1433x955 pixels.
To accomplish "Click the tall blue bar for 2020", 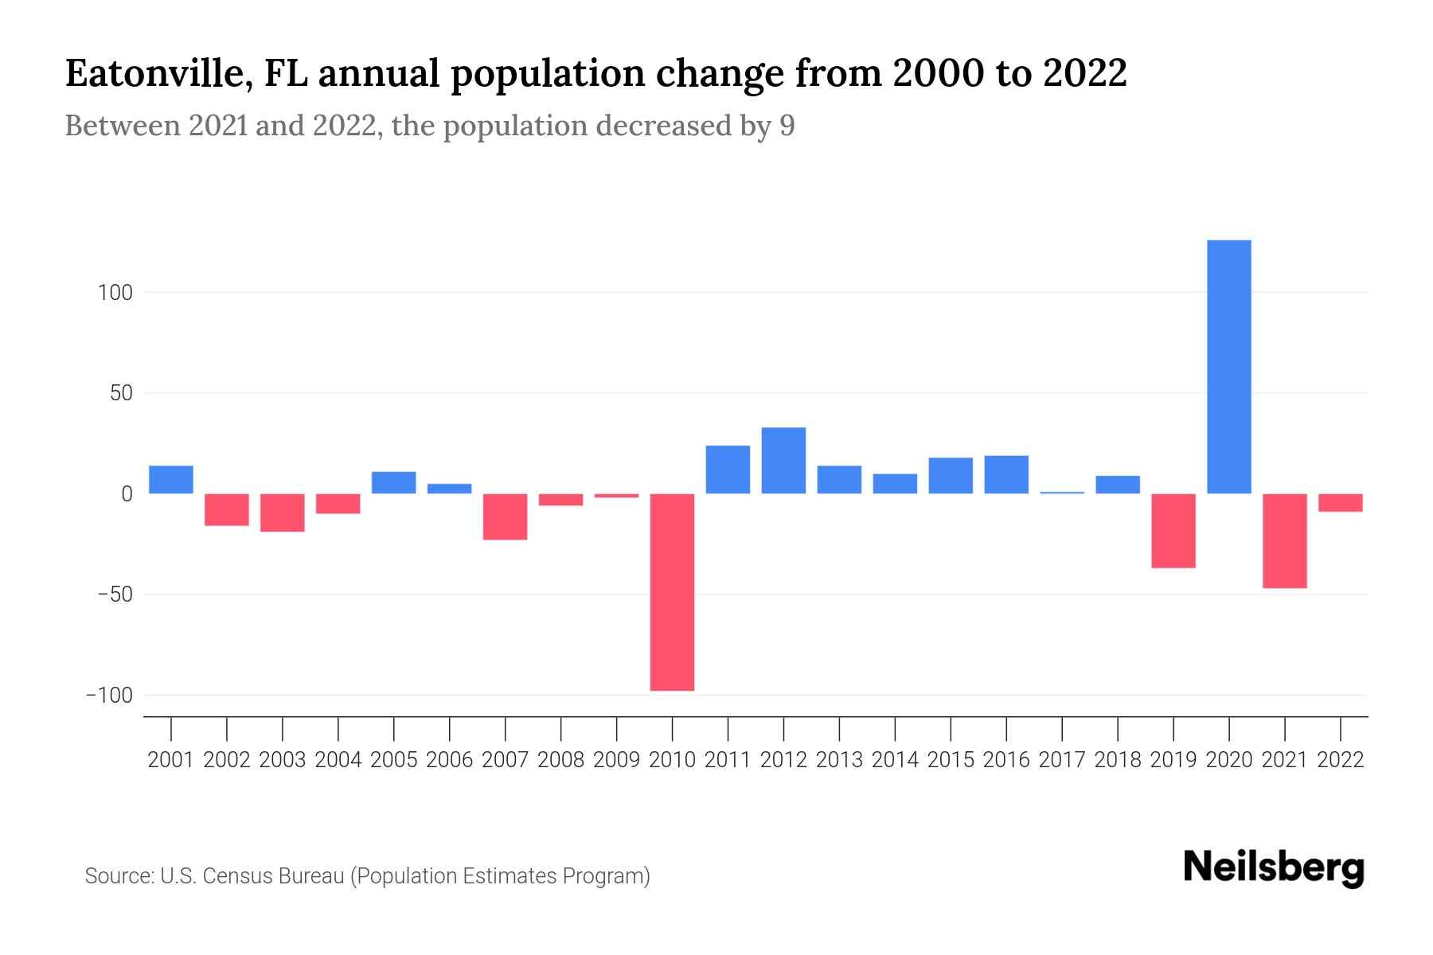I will (1228, 366).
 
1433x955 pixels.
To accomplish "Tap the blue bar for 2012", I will (783, 461).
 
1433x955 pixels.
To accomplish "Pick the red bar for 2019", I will (1173, 530).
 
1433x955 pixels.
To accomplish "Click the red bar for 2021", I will (1284, 540).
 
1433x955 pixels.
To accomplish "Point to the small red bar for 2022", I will (1340, 502).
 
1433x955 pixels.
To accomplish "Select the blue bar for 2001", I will (171, 479).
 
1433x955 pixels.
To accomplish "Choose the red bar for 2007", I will (505, 516).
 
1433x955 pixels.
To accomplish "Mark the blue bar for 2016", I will (1006, 474).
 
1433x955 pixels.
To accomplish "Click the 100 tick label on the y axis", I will (115, 293).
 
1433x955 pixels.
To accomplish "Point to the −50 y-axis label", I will (115, 594).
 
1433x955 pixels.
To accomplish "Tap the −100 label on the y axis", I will (109, 696).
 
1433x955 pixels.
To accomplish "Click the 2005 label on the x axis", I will (393, 760).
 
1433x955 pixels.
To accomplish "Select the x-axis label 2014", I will (895, 760).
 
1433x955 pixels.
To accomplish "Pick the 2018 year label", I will (1117, 760).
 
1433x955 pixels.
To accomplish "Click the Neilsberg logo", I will (1274, 867).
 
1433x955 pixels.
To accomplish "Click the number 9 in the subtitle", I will (787, 126).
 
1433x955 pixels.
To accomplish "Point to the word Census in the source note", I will (236, 876).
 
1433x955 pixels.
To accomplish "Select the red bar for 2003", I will (283, 513).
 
